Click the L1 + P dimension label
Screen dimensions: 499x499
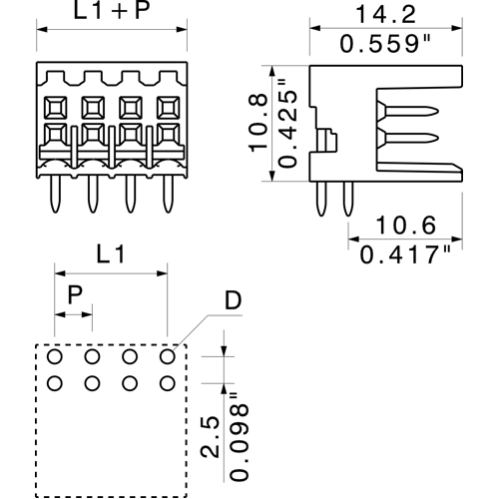tap(111, 15)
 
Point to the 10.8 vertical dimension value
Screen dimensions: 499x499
tap(258, 124)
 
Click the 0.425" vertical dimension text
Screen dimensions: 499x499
tap(287, 124)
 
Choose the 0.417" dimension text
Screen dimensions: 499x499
tap(404, 255)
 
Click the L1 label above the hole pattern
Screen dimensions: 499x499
tap(111, 255)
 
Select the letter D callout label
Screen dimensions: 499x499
tap(232, 300)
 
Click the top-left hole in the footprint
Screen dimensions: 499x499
tap(54, 356)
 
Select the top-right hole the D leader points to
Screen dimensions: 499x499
tap(168, 356)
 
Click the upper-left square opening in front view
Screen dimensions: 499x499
tap(56, 106)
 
